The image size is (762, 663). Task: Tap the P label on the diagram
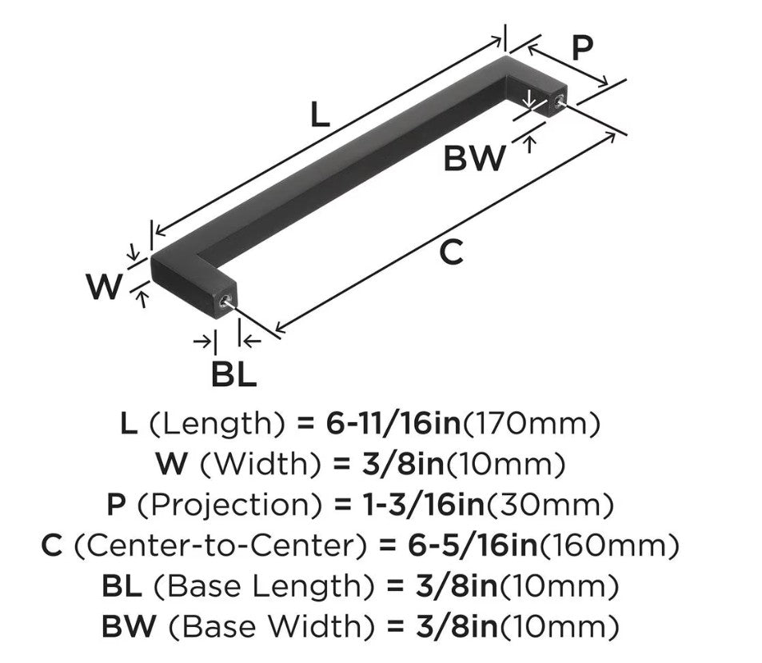coord(583,49)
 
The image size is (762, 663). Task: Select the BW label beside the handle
coord(475,158)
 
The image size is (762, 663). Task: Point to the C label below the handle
coord(452,253)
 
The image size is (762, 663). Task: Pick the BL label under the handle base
coord(233,373)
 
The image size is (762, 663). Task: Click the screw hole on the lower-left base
coord(224,302)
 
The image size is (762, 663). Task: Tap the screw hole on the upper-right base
coord(557,101)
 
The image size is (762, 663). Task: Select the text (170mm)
coord(532,424)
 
